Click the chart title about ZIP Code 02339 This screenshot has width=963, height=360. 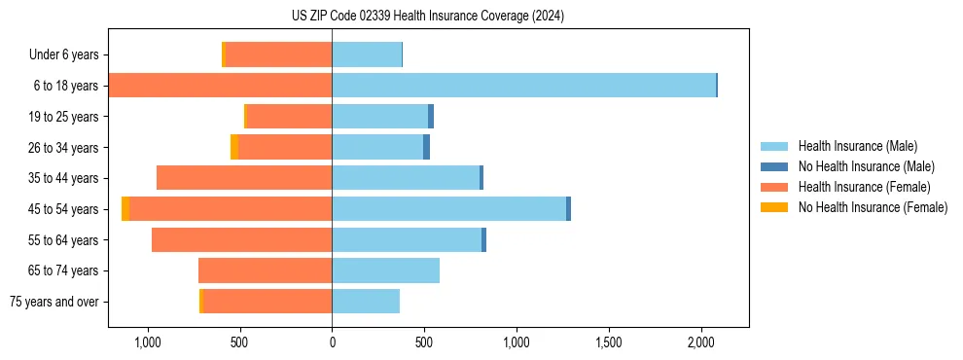(x=427, y=16)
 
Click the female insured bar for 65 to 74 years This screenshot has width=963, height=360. (x=265, y=270)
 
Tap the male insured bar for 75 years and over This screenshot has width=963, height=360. (x=366, y=302)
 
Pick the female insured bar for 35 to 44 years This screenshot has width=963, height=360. (x=244, y=178)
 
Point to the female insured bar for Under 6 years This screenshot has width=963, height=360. (x=278, y=54)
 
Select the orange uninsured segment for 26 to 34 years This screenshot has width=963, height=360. (x=234, y=147)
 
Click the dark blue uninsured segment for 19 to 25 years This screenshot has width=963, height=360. (x=431, y=117)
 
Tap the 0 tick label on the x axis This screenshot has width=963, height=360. (x=332, y=342)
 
